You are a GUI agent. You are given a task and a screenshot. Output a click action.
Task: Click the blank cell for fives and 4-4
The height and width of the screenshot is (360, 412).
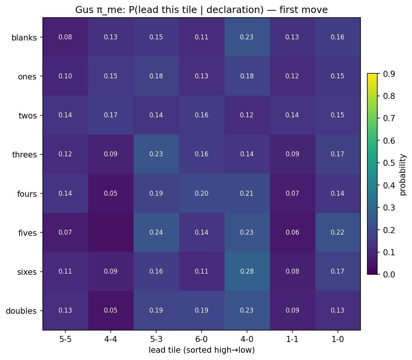(111, 232)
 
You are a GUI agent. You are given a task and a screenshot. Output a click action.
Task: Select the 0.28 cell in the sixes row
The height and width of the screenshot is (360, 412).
(247, 271)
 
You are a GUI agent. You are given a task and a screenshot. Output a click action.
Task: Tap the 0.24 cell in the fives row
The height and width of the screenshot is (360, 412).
(156, 232)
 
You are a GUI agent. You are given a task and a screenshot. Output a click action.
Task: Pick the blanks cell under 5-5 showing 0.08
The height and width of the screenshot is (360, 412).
(65, 37)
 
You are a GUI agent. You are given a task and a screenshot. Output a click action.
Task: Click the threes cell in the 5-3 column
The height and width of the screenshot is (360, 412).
(156, 154)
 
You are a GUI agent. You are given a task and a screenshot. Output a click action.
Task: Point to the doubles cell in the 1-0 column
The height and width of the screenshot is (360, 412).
(338, 310)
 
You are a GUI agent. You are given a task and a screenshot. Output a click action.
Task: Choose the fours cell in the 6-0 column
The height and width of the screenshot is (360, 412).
(202, 193)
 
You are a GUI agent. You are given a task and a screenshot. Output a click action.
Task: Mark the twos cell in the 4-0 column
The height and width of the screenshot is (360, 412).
(247, 115)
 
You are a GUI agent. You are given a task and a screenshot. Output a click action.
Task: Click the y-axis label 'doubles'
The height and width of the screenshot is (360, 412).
(21, 311)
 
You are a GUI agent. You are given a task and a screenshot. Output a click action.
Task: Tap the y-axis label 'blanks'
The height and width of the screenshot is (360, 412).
(24, 38)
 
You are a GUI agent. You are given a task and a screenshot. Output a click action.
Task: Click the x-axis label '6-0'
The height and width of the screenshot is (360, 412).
(202, 339)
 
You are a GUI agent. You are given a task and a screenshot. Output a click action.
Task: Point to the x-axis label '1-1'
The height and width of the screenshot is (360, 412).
(292, 339)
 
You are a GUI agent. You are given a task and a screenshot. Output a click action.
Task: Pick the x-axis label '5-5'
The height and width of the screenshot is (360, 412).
(65, 339)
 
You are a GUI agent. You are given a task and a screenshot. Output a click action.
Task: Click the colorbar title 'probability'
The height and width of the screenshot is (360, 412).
(403, 174)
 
